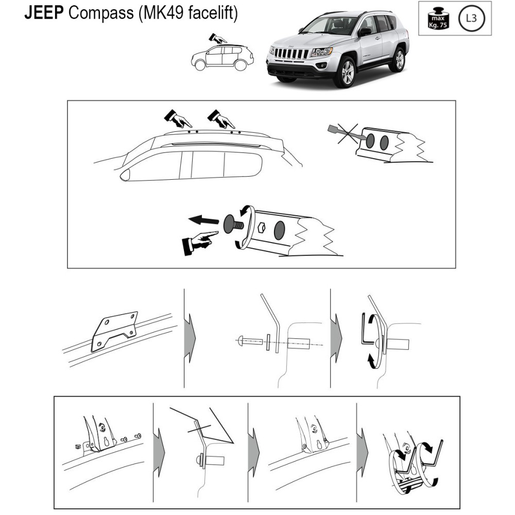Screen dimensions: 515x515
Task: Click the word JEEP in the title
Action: [44, 13]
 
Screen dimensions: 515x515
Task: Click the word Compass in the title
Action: [101, 13]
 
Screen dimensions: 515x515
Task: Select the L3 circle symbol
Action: [471, 18]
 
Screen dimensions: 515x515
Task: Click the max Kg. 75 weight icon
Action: [438, 19]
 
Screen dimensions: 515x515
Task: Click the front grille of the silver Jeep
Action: [291, 53]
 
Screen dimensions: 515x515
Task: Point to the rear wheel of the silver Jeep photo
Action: [399, 60]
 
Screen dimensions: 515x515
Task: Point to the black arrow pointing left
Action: [203, 220]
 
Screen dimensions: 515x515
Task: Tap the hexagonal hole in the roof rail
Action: [262, 227]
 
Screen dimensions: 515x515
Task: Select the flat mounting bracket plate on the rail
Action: [114, 331]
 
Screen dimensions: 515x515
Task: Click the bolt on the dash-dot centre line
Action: [250, 341]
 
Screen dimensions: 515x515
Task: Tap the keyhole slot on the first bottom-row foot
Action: [107, 441]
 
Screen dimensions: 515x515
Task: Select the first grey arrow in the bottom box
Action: [159, 452]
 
